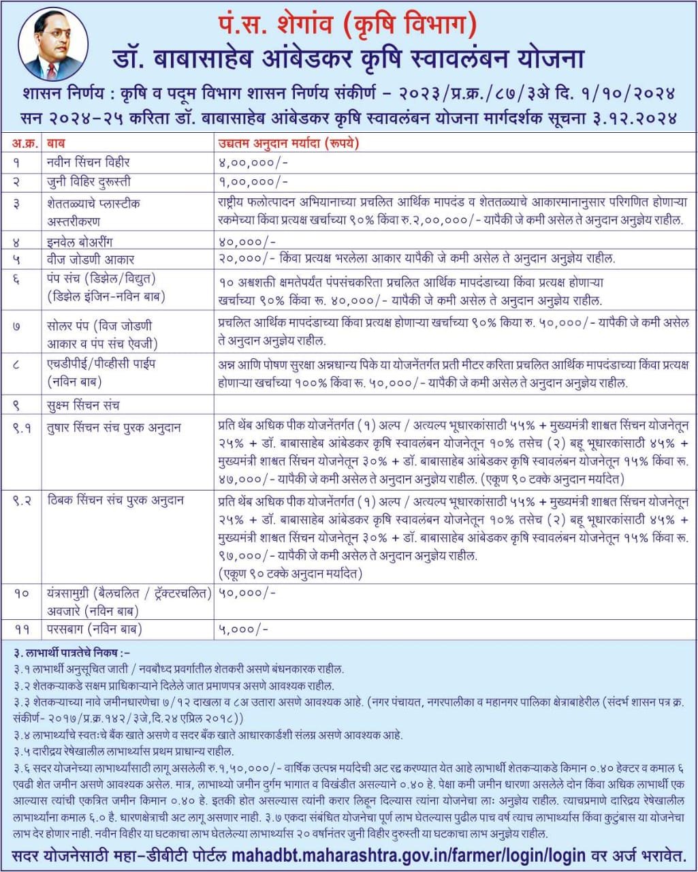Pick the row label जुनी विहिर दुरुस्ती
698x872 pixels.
coord(89,182)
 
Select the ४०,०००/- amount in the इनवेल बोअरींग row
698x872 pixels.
coord(247,241)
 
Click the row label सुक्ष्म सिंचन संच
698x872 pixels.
coord(83,405)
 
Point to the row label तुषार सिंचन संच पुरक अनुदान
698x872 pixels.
coord(114,428)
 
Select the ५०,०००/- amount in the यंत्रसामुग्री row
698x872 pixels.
coord(247,593)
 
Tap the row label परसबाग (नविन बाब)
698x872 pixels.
coord(95,629)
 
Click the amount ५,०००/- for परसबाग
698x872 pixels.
coord(243,629)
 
